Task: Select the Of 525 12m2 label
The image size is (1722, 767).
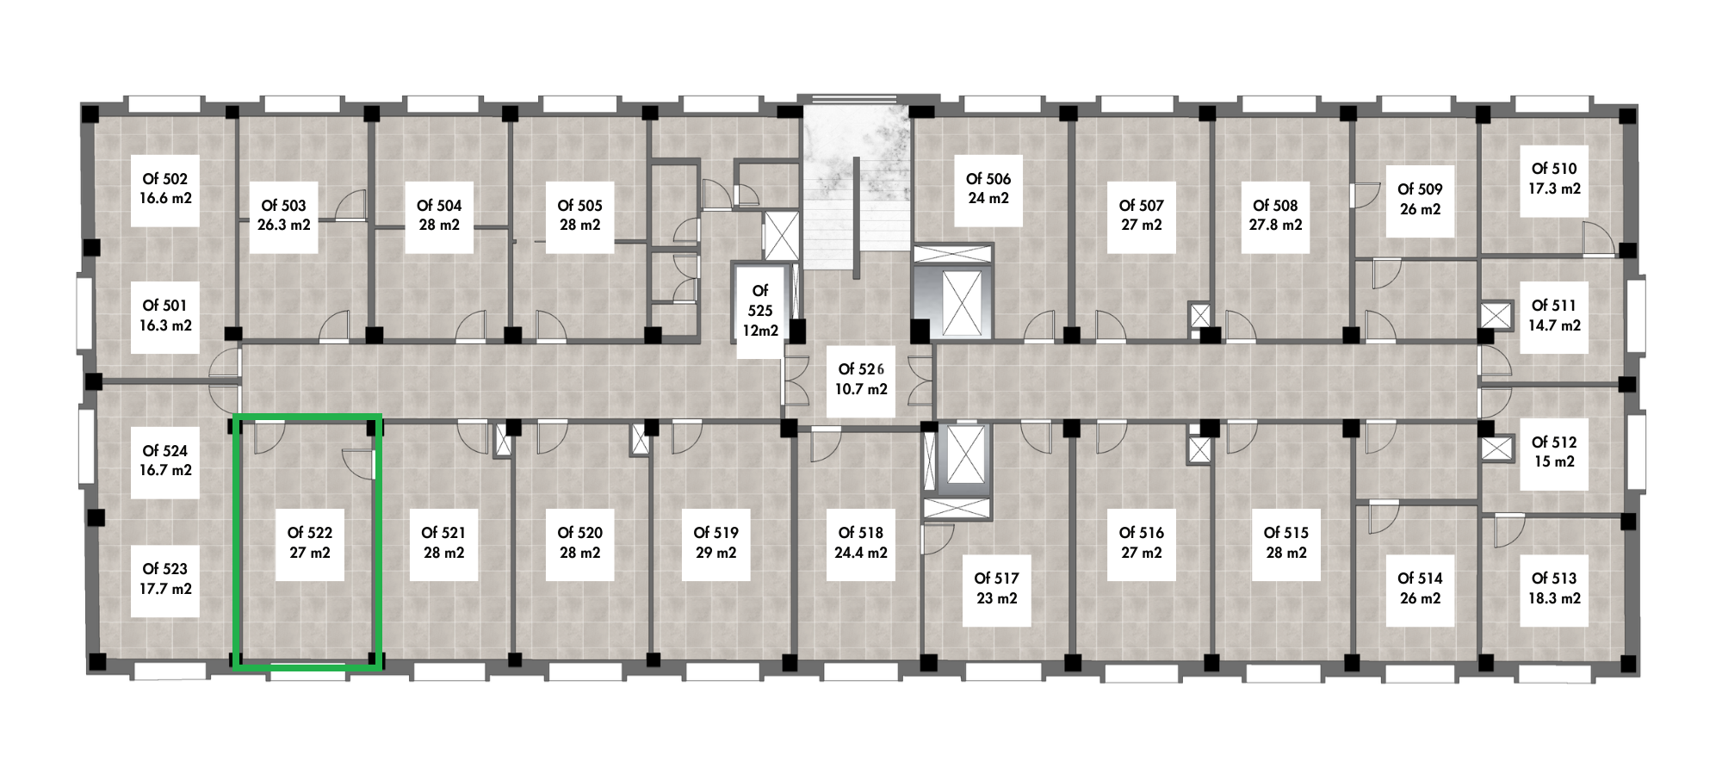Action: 759,310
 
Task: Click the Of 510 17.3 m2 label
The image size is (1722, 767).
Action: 1555,178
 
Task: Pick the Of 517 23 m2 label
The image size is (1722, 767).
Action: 996,589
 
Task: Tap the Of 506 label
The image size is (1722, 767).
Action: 988,179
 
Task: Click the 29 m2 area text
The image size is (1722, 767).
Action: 715,553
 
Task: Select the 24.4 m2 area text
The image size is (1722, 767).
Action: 861,553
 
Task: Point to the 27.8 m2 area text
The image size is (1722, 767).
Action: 1275,225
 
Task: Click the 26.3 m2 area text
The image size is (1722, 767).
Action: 283,225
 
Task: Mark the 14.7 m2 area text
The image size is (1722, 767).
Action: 1554,325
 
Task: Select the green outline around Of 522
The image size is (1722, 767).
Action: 234,542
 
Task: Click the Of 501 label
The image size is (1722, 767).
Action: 164,306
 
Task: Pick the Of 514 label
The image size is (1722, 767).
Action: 1419,578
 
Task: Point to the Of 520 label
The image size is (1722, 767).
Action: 579,533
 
